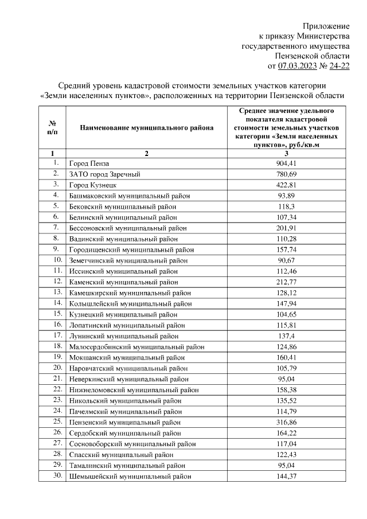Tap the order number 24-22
tap(338, 66)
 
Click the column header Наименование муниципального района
tap(146, 128)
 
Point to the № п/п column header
tap(52, 128)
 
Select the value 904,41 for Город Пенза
tap(286, 163)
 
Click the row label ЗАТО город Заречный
tap(105, 174)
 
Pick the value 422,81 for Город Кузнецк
tap(286, 185)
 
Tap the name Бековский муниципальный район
tap(123, 206)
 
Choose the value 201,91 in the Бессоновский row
tap(286, 228)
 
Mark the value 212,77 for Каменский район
tap(286, 282)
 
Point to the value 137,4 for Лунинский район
tap(286, 335)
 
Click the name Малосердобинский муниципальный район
tap(136, 346)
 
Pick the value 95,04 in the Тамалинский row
tap(286, 465)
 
